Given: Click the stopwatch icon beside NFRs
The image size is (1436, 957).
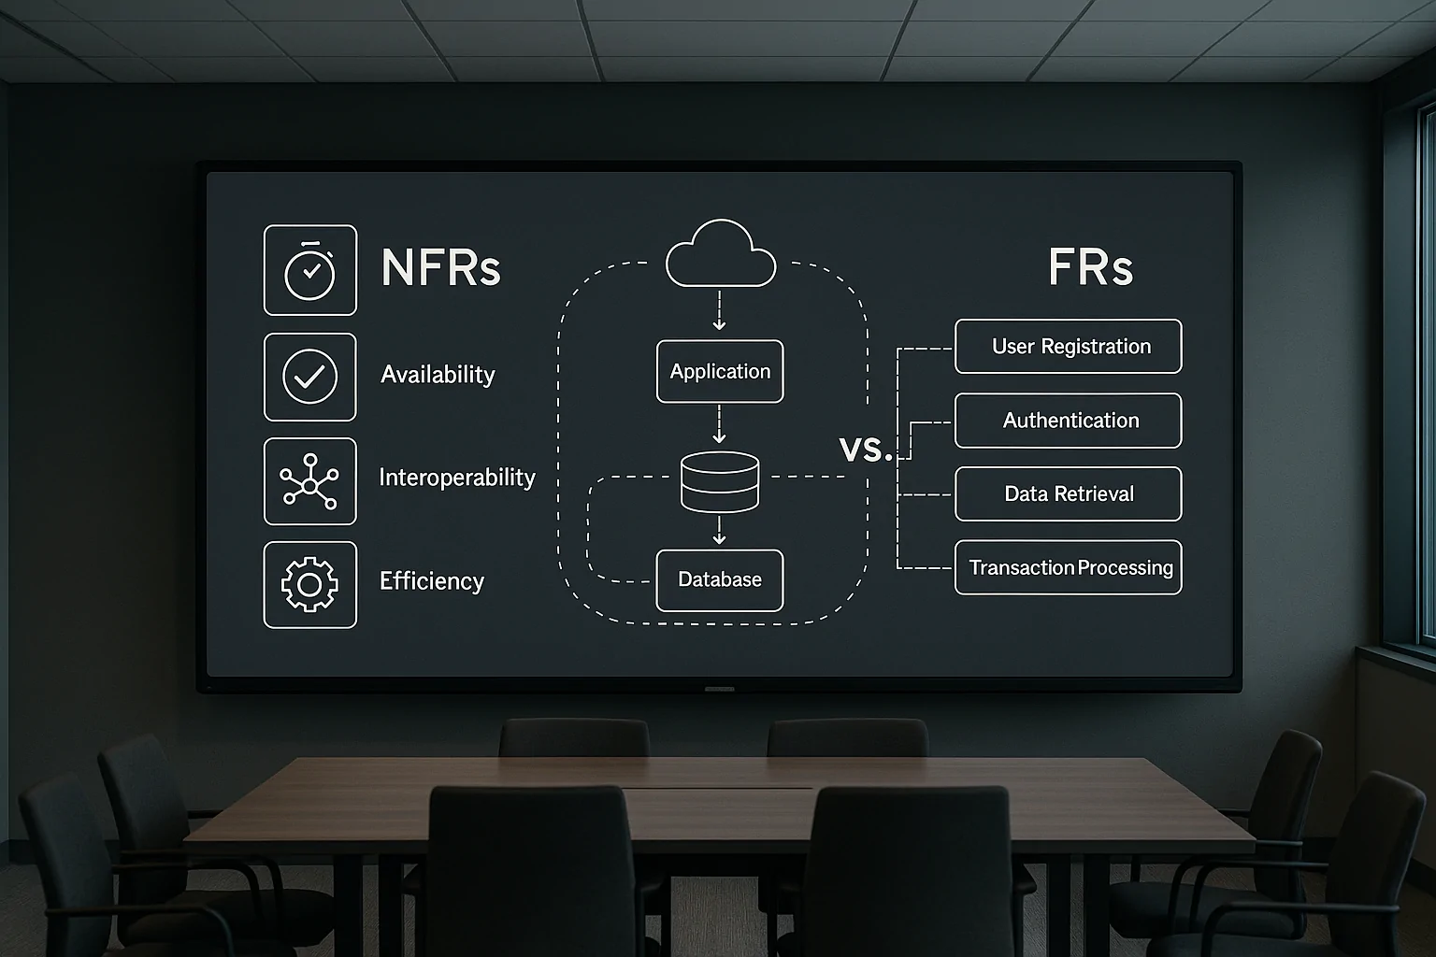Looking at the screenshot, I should (x=309, y=270).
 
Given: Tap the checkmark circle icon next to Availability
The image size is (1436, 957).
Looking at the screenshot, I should (x=309, y=377).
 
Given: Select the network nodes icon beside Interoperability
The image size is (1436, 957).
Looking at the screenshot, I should (x=309, y=481).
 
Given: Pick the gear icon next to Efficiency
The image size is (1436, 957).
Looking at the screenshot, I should (x=309, y=585).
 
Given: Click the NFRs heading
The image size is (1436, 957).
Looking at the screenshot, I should (x=440, y=268).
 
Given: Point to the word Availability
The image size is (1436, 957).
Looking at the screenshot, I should (x=438, y=375).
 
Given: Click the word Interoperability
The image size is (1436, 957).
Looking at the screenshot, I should (x=456, y=478).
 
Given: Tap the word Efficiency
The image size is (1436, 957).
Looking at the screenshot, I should (x=431, y=581).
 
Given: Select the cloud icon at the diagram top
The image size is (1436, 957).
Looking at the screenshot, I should (x=720, y=254).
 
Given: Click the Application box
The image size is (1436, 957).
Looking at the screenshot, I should (x=720, y=372).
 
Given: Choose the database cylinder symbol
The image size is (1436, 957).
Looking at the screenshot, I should (x=720, y=482).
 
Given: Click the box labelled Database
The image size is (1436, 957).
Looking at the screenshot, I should (x=720, y=580).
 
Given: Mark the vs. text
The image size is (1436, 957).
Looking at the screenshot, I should (x=865, y=450).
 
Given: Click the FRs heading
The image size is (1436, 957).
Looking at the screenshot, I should (x=1090, y=268).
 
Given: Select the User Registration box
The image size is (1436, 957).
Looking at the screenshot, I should (x=1068, y=347).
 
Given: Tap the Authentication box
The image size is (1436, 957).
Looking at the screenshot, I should (x=1068, y=421).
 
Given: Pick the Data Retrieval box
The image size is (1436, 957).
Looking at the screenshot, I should (x=1068, y=494).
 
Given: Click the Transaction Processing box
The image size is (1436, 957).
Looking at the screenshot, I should (x=1068, y=568).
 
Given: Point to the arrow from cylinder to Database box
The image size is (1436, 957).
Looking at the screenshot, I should (x=719, y=531).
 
